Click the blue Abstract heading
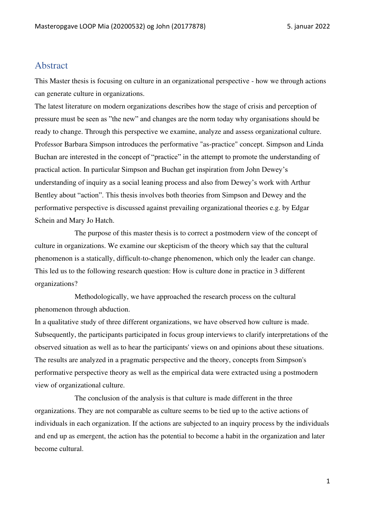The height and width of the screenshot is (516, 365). pos(51,65)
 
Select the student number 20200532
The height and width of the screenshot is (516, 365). pos(129,26)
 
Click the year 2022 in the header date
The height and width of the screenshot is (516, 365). pos(322,26)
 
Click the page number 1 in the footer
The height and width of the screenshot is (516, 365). pos(328,481)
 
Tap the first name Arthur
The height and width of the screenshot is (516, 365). pos(301,182)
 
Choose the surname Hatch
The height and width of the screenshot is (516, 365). pos(104,220)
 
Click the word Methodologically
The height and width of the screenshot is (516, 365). pos(101,297)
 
